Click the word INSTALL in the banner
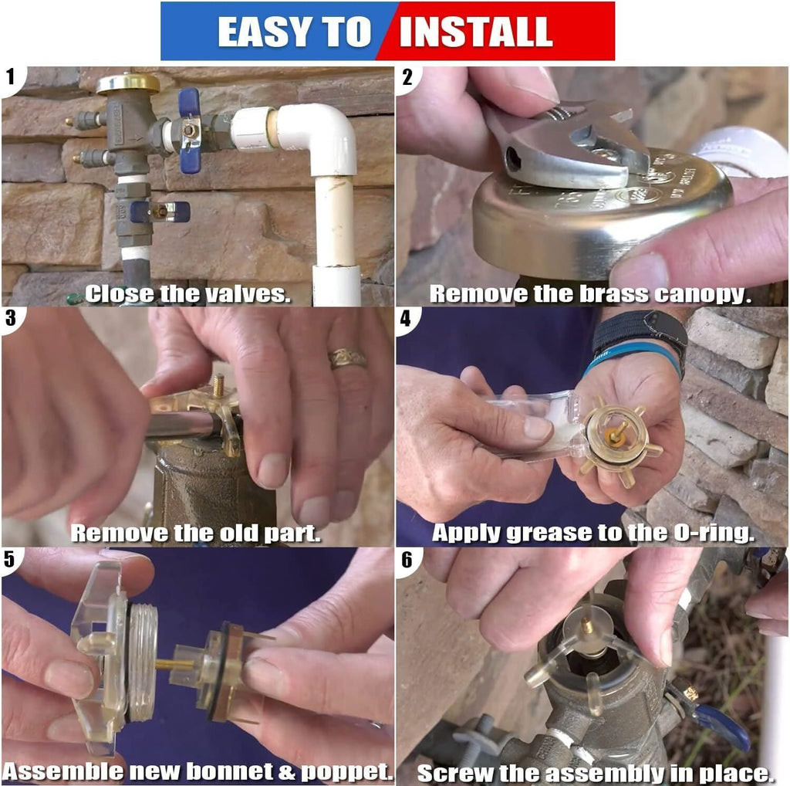click(x=475, y=32)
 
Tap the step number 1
click(x=11, y=77)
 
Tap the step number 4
click(x=406, y=319)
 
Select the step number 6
click(x=406, y=560)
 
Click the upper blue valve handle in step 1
click(x=190, y=130)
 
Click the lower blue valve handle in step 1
click(x=160, y=212)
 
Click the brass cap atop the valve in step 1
click(x=128, y=83)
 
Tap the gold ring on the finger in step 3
click(x=347, y=358)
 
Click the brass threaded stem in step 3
click(x=219, y=386)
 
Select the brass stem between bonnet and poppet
click(x=174, y=664)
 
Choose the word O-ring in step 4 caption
click(x=714, y=534)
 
